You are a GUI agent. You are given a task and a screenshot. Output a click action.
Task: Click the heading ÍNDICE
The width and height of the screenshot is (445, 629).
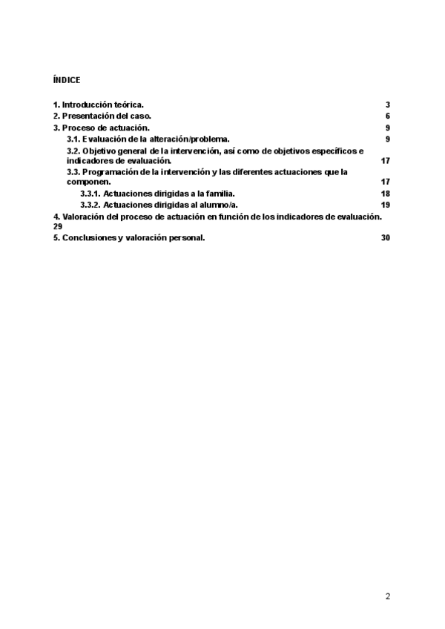(67, 79)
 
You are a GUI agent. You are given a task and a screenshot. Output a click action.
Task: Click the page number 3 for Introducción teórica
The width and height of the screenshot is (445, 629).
(387, 105)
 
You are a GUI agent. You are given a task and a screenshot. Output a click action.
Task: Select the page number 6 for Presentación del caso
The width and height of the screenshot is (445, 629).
(387, 116)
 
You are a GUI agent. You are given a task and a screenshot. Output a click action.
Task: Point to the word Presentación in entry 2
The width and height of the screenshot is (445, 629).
(88, 116)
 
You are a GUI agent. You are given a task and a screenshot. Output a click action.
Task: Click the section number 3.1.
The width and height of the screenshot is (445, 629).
(73, 139)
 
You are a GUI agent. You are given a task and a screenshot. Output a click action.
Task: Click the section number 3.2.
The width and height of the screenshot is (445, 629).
(73, 151)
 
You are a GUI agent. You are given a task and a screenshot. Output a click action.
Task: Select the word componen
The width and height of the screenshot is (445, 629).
(88, 182)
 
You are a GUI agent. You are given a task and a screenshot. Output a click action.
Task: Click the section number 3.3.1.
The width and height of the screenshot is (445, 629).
(90, 194)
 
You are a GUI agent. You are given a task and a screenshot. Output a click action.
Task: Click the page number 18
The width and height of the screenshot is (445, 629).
(385, 194)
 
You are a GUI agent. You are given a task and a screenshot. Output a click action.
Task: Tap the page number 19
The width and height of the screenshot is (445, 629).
(385, 205)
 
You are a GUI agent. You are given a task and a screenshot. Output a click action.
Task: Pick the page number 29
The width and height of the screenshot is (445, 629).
(58, 226)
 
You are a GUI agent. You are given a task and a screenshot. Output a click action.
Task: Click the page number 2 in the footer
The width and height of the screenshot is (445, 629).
(387, 596)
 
